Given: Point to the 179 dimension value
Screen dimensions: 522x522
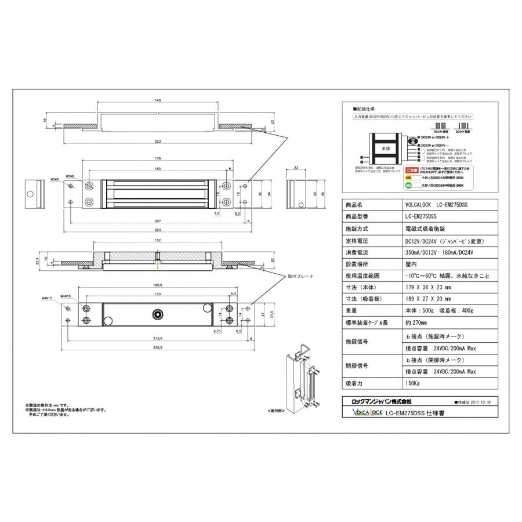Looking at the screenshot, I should click(x=158, y=159).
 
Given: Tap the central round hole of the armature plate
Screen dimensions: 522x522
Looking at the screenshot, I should click(x=157, y=314).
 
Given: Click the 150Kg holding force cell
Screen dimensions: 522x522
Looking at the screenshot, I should click(x=412, y=384).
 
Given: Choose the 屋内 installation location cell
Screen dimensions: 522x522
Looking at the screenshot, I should click(x=411, y=264).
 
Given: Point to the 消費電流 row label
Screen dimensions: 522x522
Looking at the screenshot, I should click(x=357, y=253).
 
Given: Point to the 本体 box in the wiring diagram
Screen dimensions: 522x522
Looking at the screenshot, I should click(x=386, y=148).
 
